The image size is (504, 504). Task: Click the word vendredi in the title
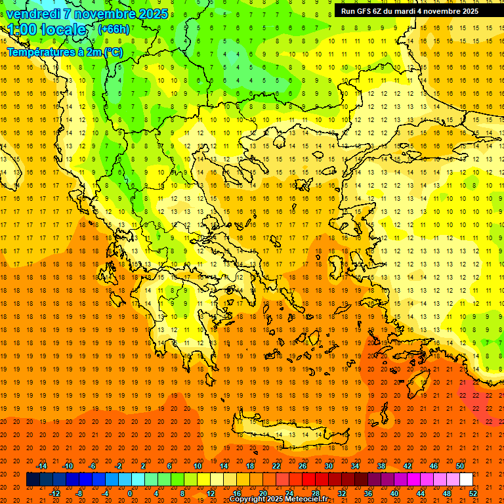pyautogui.click(x=33, y=13)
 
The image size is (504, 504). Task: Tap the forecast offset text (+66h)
pyautogui.click(x=114, y=29)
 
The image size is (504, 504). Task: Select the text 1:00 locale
pyautogui.click(x=47, y=30)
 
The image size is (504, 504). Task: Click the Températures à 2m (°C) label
pyautogui.click(x=64, y=52)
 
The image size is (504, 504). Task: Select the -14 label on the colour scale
pyautogui.click(x=41, y=466)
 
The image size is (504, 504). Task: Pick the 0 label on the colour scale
pyautogui.click(x=130, y=493)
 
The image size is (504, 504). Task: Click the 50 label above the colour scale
pyautogui.click(x=460, y=466)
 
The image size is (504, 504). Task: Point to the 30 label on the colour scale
pyautogui.click(x=329, y=466)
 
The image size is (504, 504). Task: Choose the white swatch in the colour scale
pyautogui.click(x=466, y=480)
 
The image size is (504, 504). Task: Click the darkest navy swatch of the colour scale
pyautogui.click(x=33, y=480)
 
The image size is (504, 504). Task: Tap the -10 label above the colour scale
pyautogui.click(x=68, y=466)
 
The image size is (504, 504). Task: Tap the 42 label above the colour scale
pyautogui.click(x=408, y=466)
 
